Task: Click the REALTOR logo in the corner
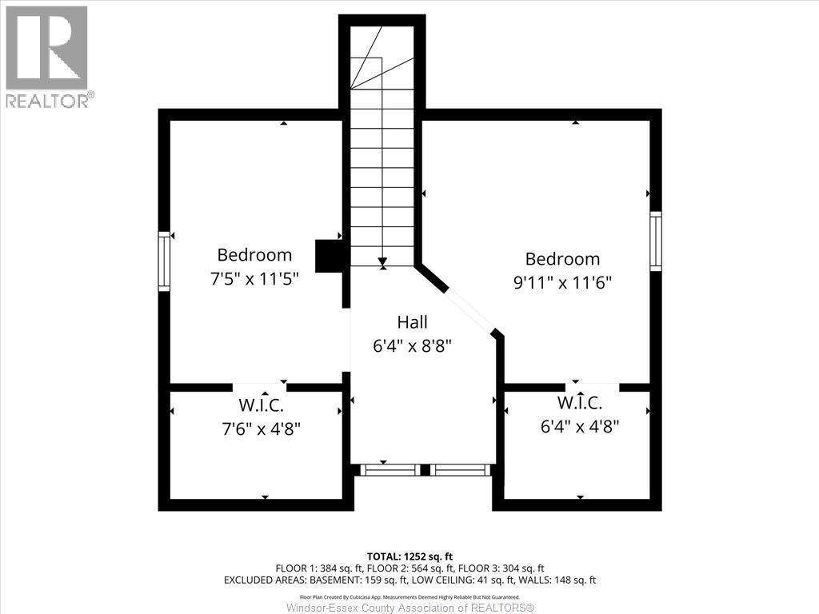tap(47, 56)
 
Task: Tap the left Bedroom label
tap(254, 255)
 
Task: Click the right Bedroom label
tap(562, 259)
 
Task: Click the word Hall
tap(412, 322)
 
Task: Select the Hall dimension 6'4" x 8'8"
tap(412, 346)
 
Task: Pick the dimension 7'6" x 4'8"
tap(260, 429)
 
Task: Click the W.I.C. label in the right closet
tap(580, 402)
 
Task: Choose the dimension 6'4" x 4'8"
tap(580, 426)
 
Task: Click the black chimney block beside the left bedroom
tap(329, 256)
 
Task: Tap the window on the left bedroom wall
tap(165, 261)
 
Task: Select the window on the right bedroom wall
tap(656, 241)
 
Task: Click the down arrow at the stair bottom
tap(382, 261)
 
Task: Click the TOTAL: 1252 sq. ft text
tap(409, 556)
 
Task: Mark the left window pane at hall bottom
tap(389, 470)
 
